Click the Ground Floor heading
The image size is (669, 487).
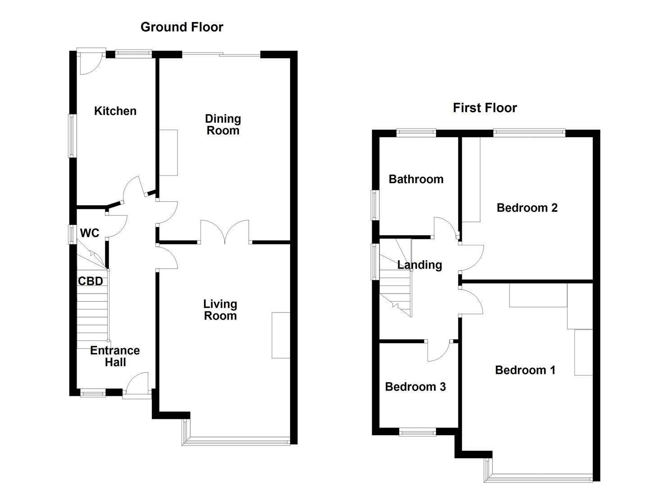pos(182,27)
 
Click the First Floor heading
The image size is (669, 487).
pos(485,108)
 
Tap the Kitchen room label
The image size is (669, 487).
pos(115,111)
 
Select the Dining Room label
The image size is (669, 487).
pos(223,124)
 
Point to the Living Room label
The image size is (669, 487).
pos(220,310)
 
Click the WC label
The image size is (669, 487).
pos(90,233)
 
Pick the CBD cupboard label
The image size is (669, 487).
pos(91,281)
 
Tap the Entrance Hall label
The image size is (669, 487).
pos(115,356)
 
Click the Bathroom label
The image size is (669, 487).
pos(416,179)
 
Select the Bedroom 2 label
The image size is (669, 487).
pos(527,207)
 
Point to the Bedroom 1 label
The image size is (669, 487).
pos(525,370)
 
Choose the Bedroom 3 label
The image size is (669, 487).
pos(415,386)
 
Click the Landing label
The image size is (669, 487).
pos(419,265)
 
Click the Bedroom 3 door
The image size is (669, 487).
pos(439,351)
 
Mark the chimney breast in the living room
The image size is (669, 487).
pos(281,335)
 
